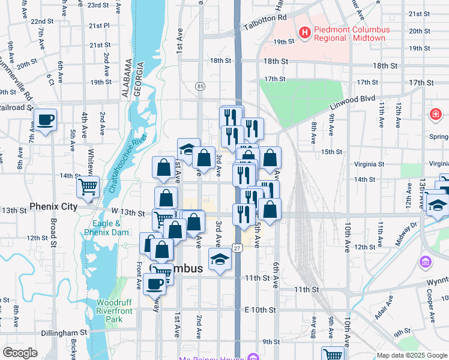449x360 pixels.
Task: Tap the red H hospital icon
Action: (x=304, y=32)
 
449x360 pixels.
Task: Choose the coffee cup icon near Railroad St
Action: (x=45, y=119)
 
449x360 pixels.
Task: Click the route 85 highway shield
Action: (x=200, y=87)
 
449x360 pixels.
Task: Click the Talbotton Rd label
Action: (x=265, y=23)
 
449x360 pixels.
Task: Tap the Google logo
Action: (x=20, y=353)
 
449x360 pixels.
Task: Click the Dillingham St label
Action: (x=64, y=332)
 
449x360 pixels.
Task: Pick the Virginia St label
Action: (x=369, y=164)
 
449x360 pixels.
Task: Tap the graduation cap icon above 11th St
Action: (x=219, y=260)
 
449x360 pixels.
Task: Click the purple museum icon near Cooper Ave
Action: (x=426, y=262)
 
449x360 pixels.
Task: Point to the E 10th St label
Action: (x=260, y=310)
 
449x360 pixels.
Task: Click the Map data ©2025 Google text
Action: (x=411, y=355)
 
